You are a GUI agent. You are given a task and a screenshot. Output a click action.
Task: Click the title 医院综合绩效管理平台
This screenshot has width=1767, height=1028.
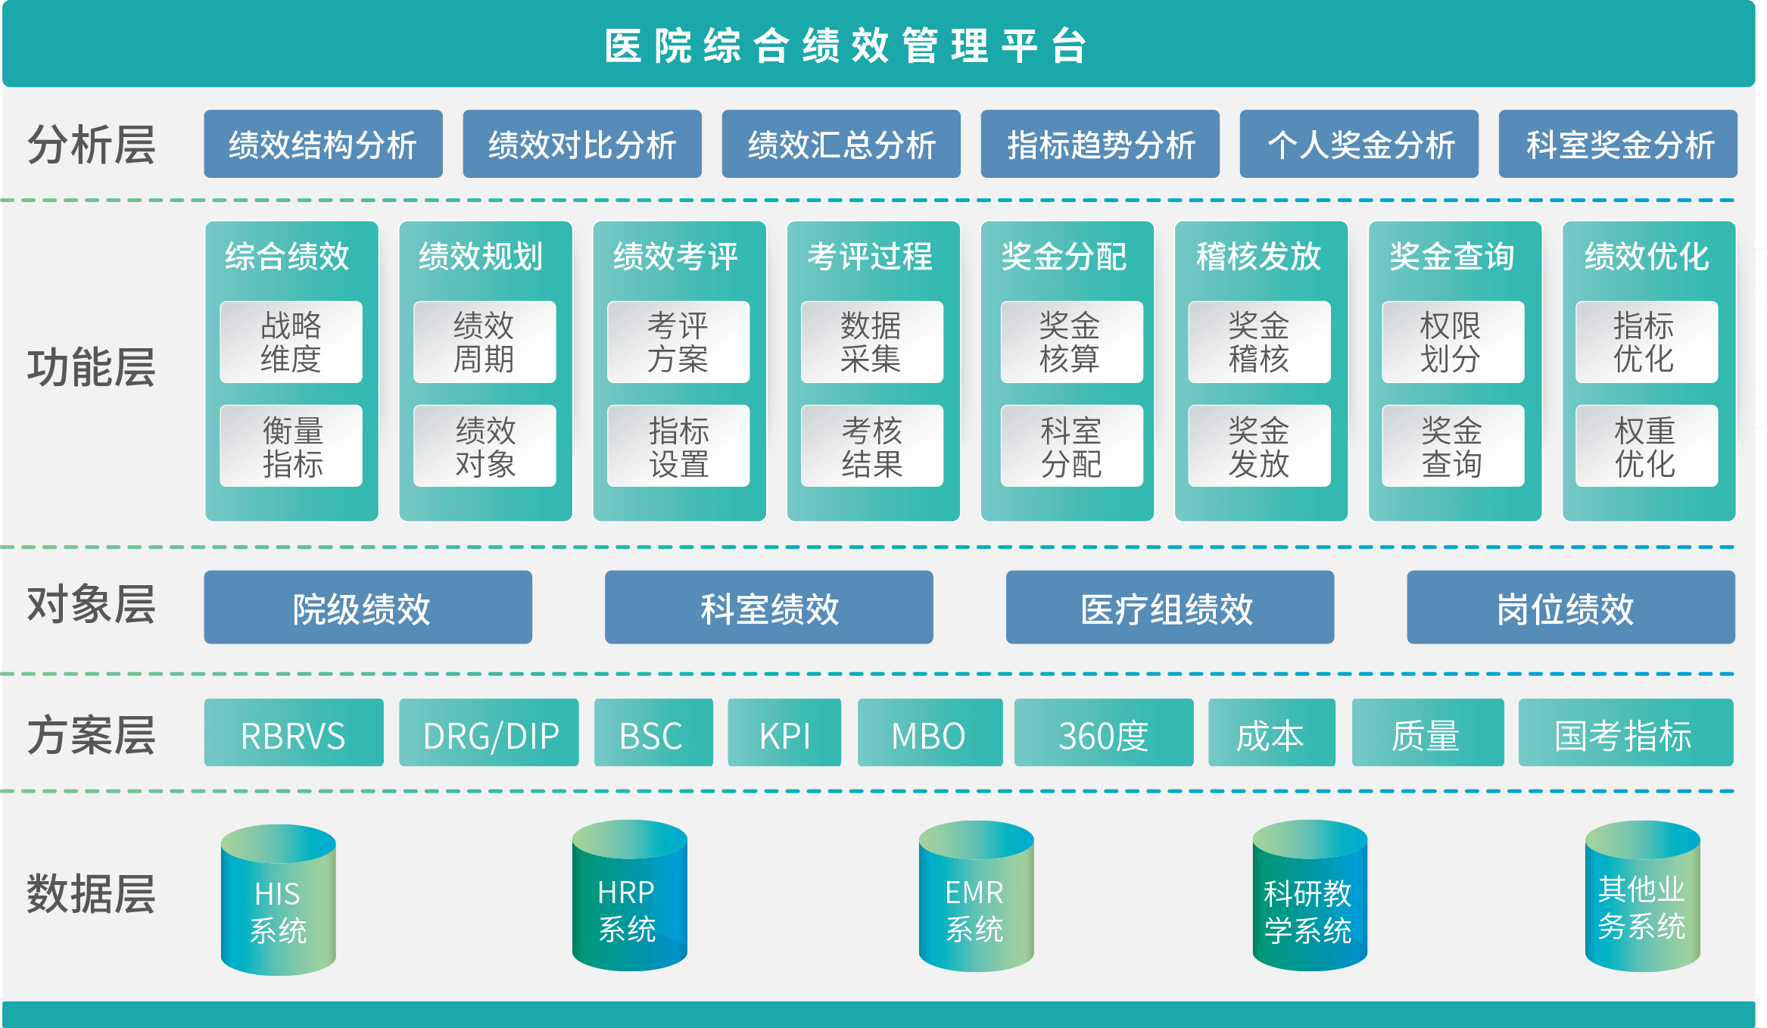click(x=846, y=45)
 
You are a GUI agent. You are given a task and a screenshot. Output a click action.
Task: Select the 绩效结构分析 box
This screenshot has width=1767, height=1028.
click(x=323, y=145)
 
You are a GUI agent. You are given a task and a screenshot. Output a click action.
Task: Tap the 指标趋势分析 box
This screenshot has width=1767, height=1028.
click(x=1100, y=145)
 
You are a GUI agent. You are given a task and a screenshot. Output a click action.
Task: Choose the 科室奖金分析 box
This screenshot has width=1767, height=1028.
click(x=1618, y=145)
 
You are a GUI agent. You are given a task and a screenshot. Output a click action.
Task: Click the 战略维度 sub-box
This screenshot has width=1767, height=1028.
click(x=291, y=342)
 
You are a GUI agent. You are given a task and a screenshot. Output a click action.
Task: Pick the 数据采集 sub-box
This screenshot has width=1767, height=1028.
click(x=871, y=342)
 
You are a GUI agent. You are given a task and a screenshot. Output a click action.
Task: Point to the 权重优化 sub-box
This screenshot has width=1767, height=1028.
click(x=1646, y=447)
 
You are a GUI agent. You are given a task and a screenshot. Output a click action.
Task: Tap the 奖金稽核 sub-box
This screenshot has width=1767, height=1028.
click(x=1259, y=342)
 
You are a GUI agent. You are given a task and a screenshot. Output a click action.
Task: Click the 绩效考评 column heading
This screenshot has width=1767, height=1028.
click(x=676, y=257)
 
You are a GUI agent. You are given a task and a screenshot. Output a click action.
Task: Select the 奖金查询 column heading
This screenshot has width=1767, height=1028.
click(x=1452, y=257)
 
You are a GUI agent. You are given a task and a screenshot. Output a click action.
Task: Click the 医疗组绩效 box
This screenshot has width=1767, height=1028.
click(x=1170, y=608)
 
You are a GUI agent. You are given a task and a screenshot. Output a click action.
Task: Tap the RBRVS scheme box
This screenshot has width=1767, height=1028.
click(x=294, y=734)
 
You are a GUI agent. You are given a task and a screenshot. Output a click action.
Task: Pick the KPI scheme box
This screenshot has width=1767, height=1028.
click(x=784, y=734)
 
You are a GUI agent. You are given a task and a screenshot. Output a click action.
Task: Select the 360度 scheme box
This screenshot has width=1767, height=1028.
click(x=1104, y=734)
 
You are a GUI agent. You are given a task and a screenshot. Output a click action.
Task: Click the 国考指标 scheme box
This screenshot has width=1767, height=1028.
click(x=1625, y=734)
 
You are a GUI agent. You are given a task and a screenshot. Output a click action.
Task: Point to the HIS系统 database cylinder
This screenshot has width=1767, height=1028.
click(x=278, y=901)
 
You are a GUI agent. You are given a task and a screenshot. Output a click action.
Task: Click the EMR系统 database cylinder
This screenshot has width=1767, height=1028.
click(x=976, y=898)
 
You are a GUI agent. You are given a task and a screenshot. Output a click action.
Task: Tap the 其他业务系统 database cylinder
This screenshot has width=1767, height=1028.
click(x=1642, y=898)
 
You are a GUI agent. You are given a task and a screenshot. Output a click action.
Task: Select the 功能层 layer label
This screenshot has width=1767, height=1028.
click(x=92, y=368)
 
